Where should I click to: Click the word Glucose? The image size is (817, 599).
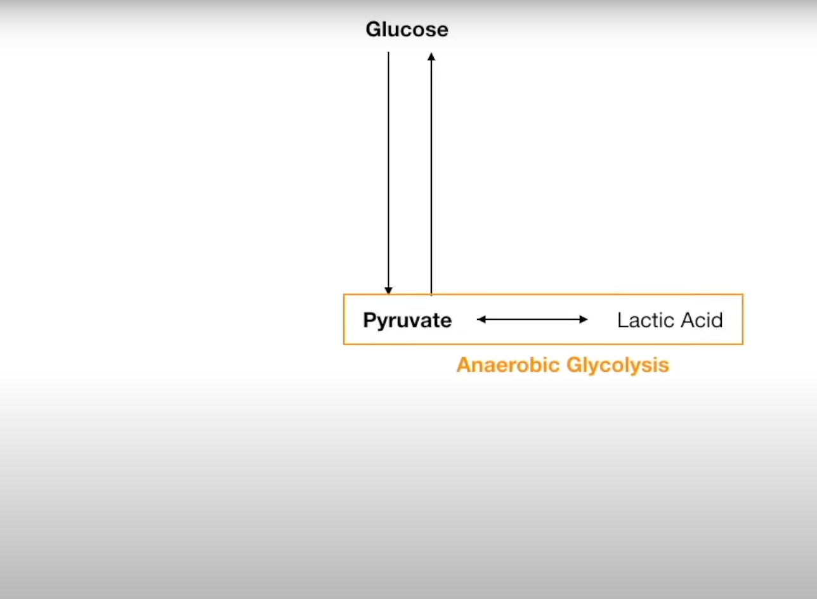(x=407, y=30)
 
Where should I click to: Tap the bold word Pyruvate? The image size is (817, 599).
(x=407, y=320)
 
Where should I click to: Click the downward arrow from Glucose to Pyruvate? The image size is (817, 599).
(x=389, y=171)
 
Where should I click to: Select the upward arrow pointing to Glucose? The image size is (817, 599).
(x=431, y=171)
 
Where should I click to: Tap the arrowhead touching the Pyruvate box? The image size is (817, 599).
(x=389, y=291)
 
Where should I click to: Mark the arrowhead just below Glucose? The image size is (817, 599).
(x=431, y=56)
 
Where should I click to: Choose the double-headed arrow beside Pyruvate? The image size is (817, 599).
(x=532, y=319)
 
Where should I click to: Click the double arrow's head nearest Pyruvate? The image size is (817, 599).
(x=481, y=319)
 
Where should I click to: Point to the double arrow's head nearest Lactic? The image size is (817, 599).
(x=584, y=319)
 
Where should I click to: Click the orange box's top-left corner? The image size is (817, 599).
(x=344, y=294)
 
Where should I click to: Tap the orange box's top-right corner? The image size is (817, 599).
(x=742, y=294)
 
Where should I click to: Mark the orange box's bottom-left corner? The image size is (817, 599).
(x=344, y=344)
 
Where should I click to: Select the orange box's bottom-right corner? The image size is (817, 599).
(x=742, y=344)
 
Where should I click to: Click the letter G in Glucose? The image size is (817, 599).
(x=373, y=30)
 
